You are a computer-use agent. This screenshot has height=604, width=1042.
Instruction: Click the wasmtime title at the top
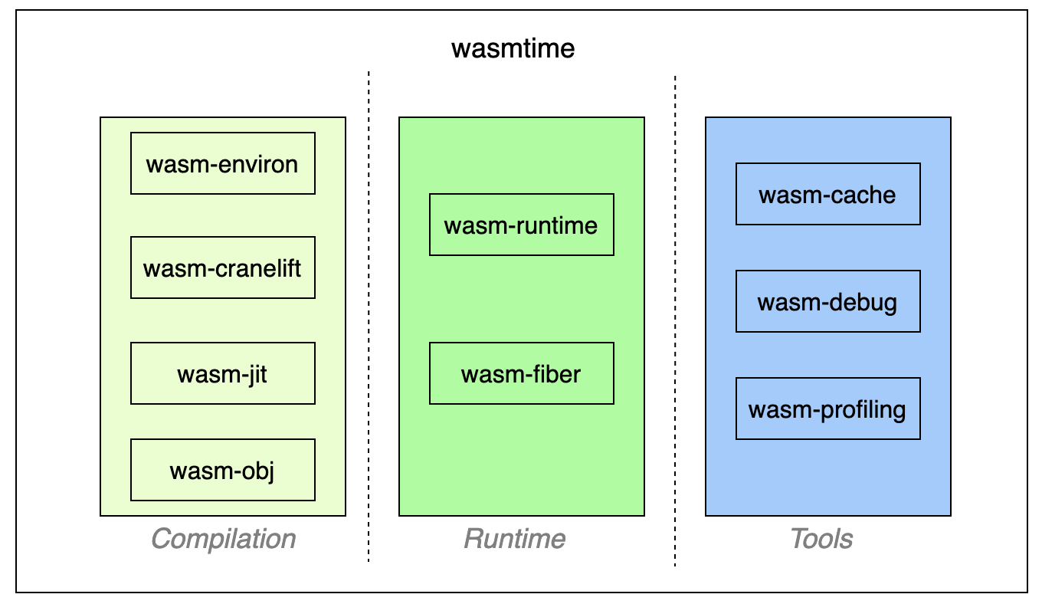click(513, 49)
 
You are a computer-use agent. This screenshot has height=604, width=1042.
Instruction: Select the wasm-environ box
click(222, 163)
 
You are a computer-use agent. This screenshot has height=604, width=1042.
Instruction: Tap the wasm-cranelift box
click(222, 268)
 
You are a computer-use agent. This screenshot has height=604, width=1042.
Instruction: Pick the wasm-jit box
click(222, 373)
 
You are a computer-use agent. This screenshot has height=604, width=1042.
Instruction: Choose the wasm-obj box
click(222, 469)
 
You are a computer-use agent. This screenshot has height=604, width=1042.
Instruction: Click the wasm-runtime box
click(521, 225)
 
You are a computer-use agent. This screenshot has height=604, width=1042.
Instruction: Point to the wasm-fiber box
click(521, 373)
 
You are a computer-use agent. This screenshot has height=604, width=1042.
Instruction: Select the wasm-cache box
click(827, 194)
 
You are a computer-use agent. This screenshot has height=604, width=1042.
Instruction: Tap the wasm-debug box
click(827, 301)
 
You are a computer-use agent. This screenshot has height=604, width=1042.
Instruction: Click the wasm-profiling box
click(827, 409)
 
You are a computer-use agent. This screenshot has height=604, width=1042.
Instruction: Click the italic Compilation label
click(223, 539)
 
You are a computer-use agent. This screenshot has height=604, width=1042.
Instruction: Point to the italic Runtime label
click(515, 539)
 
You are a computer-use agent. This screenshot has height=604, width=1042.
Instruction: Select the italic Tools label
click(821, 539)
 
